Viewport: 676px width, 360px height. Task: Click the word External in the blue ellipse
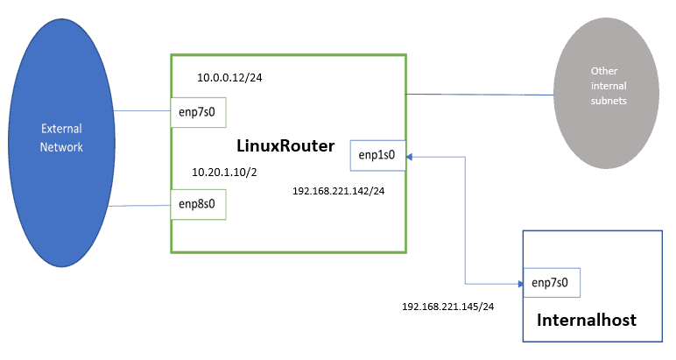pos(62,129)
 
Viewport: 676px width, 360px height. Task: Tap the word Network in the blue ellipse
pos(62,146)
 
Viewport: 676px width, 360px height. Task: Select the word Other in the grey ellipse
pos(598,71)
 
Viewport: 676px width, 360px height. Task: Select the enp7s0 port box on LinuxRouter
pos(198,114)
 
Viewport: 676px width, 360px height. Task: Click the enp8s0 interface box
pos(198,204)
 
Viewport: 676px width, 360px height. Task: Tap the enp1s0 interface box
pos(377,155)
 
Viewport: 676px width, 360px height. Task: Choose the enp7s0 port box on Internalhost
pos(551,283)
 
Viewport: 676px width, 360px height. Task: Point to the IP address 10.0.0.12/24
pos(230,78)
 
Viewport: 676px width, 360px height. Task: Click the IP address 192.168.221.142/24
pos(339,190)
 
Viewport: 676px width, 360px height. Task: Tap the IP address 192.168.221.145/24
pos(448,307)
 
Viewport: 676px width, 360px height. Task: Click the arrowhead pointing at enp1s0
pos(410,156)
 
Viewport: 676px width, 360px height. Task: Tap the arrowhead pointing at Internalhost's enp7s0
pos(518,283)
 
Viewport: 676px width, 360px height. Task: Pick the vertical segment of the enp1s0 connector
pos(466,219)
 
